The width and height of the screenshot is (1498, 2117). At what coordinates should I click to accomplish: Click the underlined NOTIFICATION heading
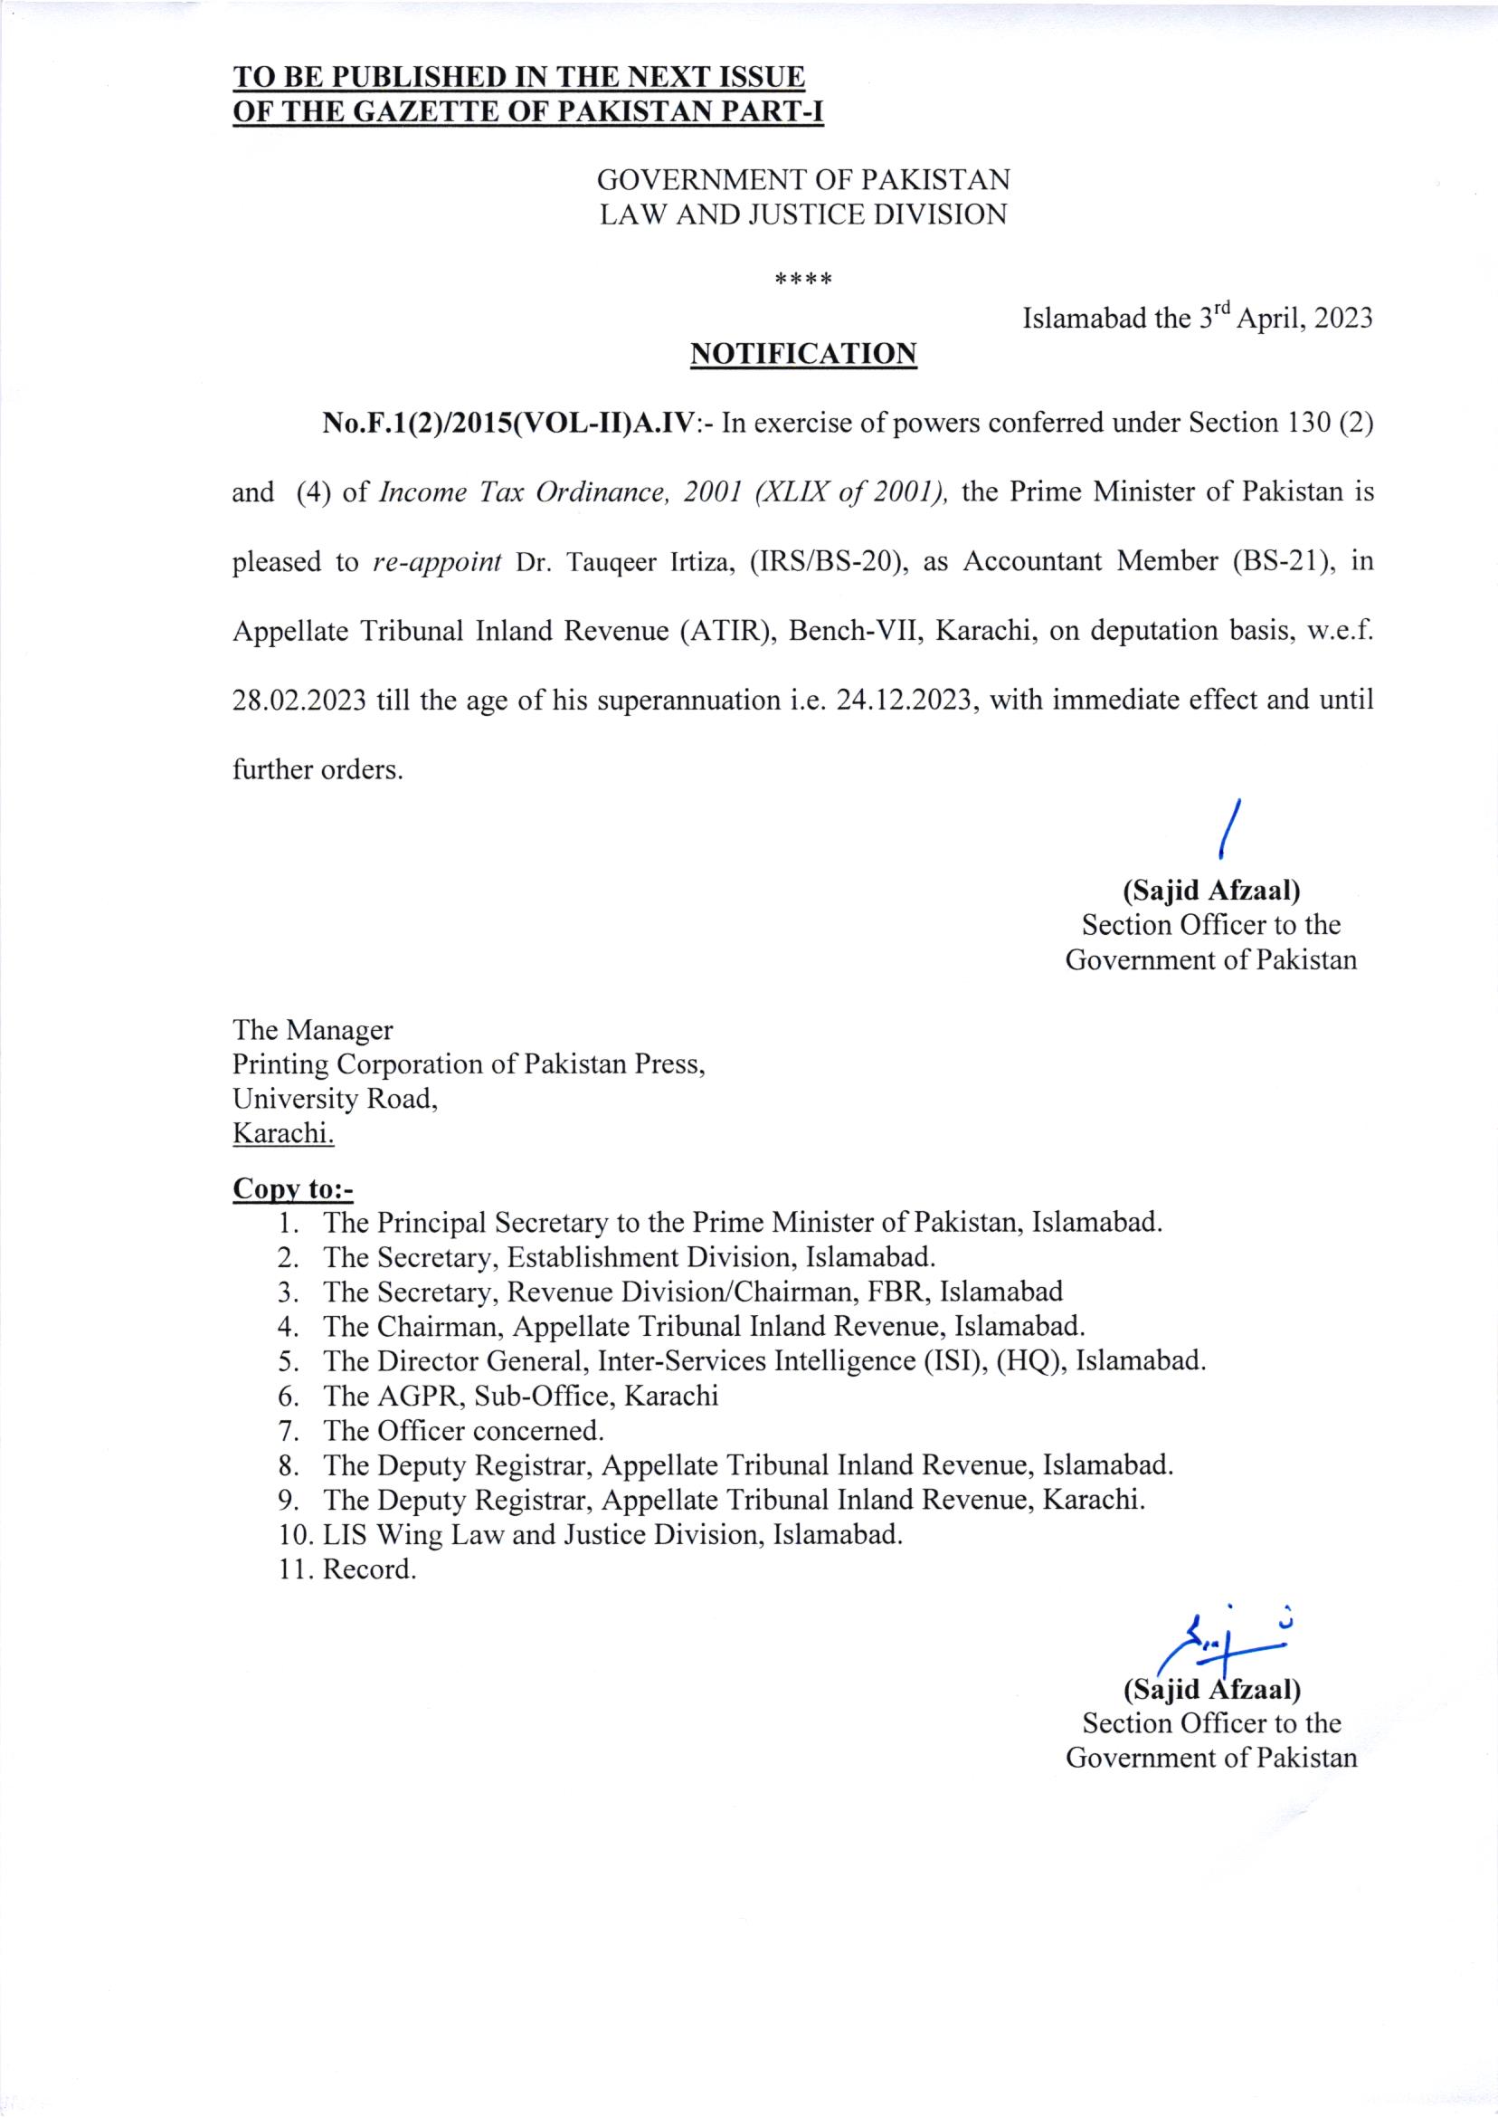(x=803, y=355)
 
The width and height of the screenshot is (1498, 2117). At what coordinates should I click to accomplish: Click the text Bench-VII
(x=855, y=631)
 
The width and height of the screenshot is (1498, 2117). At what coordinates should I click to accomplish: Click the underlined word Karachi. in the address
(x=283, y=1132)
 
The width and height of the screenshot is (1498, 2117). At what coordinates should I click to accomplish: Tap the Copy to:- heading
(x=292, y=1188)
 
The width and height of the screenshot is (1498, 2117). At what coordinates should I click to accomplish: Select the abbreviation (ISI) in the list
(x=953, y=1361)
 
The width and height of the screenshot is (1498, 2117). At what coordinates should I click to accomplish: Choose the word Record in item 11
(x=365, y=1569)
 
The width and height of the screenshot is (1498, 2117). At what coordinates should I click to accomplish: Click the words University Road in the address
(x=332, y=1098)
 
